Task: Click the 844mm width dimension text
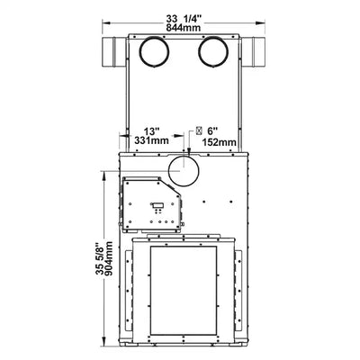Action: click(x=184, y=28)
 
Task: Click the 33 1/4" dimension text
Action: click(x=184, y=19)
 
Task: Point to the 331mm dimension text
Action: click(x=151, y=140)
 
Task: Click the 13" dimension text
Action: click(x=151, y=131)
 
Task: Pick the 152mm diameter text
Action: click(x=220, y=142)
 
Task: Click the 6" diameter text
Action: click(x=211, y=131)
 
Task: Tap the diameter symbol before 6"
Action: click(x=199, y=130)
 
